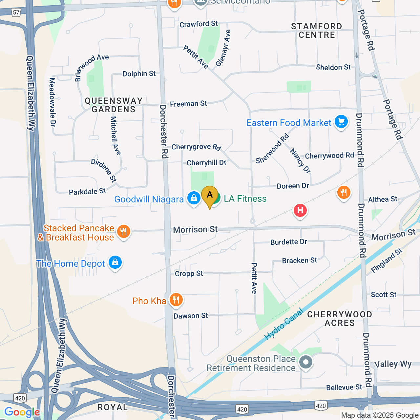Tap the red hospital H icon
[300, 210]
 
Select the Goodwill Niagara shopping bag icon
[194, 198]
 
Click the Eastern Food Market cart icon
[341, 122]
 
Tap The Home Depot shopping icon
[115, 262]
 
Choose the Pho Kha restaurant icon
[176, 300]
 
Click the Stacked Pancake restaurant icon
[123, 232]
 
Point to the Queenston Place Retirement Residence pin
[306, 363]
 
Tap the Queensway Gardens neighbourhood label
[114, 105]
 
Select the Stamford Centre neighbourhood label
[317, 31]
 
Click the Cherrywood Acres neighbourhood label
[340, 319]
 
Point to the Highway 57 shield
[16, 12]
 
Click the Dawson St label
[191, 316]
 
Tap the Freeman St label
[188, 104]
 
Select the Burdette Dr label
[288, 242]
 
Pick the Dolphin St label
[139, 74]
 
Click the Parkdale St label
[87, 192]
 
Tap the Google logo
[22, 412]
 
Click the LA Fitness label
[245, 199]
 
